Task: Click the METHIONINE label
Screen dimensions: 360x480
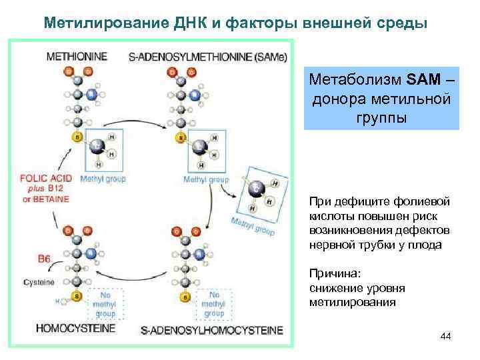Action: click(x=77, y=57)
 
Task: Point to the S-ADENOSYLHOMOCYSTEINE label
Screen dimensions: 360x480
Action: click(x=213, y=330)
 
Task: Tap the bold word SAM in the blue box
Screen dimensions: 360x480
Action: click(x=421, y=81)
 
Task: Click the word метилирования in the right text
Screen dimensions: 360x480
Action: click(x=353, y=301)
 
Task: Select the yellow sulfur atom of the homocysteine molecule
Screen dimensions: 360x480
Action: click(x=77, y=295)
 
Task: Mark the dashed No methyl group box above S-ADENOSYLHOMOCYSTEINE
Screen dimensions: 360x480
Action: click(x=215, y=303)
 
